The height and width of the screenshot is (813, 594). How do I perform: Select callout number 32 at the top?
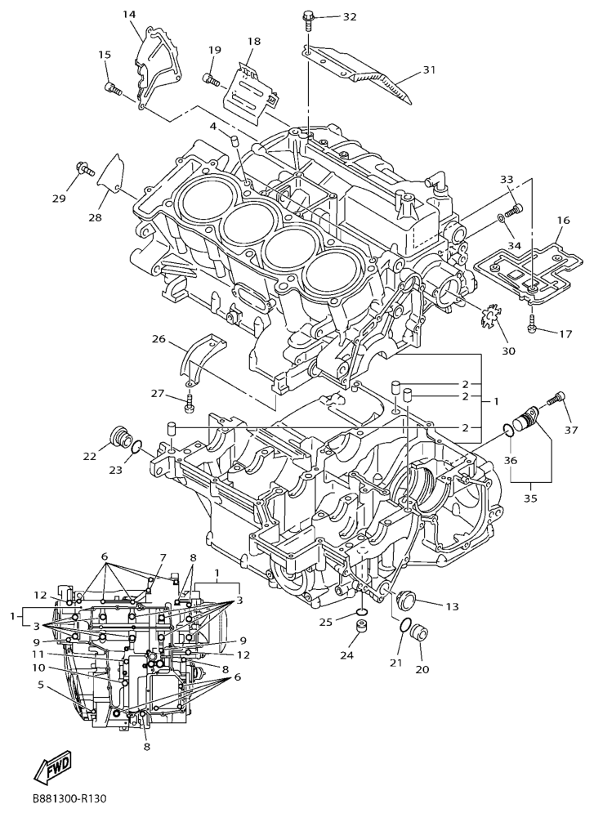(x=350, y=16)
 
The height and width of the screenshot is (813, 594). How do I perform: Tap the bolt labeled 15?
(x=113, y=89)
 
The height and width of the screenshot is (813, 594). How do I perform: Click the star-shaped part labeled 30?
(x=487, y=317)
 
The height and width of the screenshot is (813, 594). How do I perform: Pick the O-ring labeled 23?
(x=136, y=446)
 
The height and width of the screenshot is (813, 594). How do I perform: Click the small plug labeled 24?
(x=361, y=626)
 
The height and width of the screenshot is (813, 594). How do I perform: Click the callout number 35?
(x=530, y=498)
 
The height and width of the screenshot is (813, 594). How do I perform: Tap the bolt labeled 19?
(x=211, y=79)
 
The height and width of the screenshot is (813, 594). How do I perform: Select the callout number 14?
(x=129, y=15)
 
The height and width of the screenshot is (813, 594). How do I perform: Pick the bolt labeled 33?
(x=514, y=210)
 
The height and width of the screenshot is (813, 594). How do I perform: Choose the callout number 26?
(x=159, y=339)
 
